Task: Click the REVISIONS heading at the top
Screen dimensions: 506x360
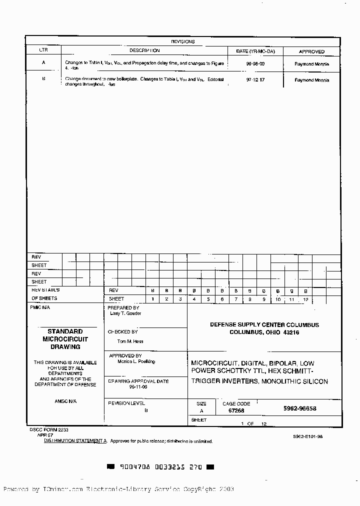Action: click(x=182, y=41)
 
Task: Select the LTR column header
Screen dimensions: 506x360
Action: click(x=43, y=51)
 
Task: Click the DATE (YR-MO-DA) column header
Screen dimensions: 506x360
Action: click(x=255, y=51)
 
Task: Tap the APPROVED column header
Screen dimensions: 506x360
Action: click(x=311, y=51)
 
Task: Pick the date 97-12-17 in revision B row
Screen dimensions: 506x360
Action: click(x=255, y=80)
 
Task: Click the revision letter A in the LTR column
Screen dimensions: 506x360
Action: click(x=43, y=63)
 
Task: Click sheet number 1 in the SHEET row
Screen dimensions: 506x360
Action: click(x=153, y=299)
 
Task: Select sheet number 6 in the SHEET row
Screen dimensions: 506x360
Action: click(x=222, y=299)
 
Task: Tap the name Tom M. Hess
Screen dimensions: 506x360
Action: click(x=129, y=341)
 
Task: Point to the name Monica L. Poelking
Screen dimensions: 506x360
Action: click(x=136, y=361)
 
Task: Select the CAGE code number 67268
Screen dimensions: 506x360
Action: click(x=236, y=410)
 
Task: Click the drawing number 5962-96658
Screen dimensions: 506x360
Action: click(x=299, y=408)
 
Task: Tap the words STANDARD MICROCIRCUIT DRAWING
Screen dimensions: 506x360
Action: click(x=65, y=339)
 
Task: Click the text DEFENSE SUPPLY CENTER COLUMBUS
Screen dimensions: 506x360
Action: click(x=264, y=325)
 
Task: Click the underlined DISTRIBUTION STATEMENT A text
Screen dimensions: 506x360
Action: click(x=75, y=441)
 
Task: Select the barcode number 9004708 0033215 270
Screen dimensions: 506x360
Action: click(x=160, y=467)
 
